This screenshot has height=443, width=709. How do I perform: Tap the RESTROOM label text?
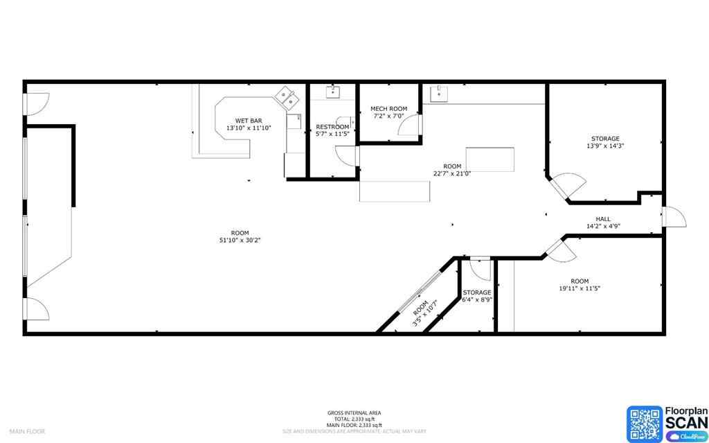coord(332,127)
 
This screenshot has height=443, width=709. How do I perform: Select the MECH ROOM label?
coord(388,109)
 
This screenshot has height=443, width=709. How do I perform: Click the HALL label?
coord(602,219)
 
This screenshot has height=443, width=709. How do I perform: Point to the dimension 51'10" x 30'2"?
coord(240,240)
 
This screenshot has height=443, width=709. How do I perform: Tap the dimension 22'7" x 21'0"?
coord(452,174)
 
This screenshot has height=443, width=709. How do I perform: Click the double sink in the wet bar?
coord(286,98)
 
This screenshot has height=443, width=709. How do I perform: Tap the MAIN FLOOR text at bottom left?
coord(27,431)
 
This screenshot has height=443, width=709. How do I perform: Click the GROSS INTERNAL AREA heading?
coord(354,413)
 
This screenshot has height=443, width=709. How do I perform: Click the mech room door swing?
coord(413,125)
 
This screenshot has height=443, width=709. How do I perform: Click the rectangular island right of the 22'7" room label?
coord(491,159)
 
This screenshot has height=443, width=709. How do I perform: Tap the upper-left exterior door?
coord(36,103)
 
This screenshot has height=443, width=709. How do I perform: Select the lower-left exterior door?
coord(36,309)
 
